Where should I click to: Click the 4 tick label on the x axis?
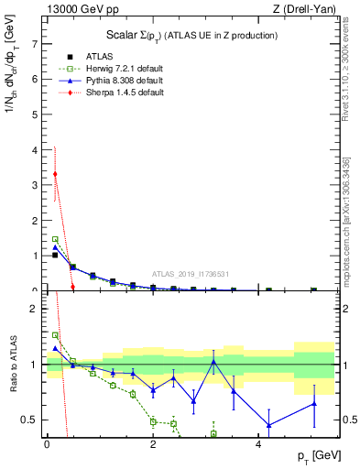[x=258, y=444]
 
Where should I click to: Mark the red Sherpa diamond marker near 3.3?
[x=55, y=174]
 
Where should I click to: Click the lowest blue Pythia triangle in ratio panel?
[x=268, y=425]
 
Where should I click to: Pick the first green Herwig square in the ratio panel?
[x=55, y=335]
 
